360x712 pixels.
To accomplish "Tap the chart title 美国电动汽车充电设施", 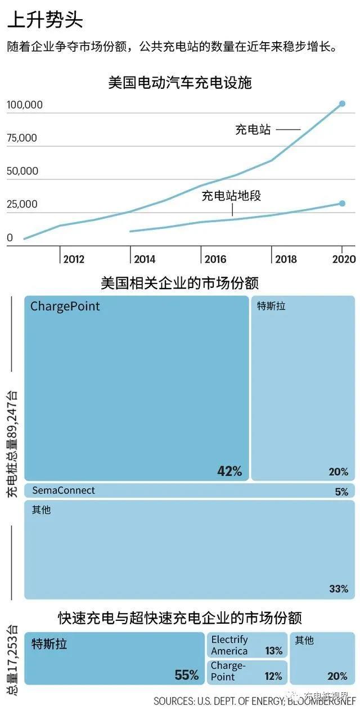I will tap(180, 83).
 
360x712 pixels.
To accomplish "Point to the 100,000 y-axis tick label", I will tap(25, 105).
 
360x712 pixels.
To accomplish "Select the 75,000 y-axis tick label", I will tap(22, 138).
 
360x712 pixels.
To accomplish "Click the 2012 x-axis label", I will tap(74, 259).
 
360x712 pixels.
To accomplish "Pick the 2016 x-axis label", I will tap(215, 259).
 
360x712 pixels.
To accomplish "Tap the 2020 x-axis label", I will tap(344, 259).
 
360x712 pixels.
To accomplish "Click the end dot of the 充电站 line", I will tap(342, 103).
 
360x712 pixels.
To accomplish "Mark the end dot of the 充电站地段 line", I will tap(342, 204).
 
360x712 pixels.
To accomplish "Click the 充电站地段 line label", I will tap(232, 196).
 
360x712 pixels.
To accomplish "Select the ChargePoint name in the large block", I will tap(65, 306).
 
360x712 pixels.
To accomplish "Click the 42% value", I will tap(229, 471).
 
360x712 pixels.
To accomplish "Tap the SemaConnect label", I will tap(64, 490).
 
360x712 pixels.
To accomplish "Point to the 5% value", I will tap(341, 492).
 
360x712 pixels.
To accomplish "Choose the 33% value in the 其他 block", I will tap(339, 589).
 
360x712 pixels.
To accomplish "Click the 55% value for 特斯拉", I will tap(187, 675).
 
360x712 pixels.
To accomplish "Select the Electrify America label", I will tap(229, 645).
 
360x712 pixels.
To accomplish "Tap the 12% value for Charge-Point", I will tap(273, 677).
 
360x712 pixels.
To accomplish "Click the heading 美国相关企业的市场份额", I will tap(180, 282).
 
